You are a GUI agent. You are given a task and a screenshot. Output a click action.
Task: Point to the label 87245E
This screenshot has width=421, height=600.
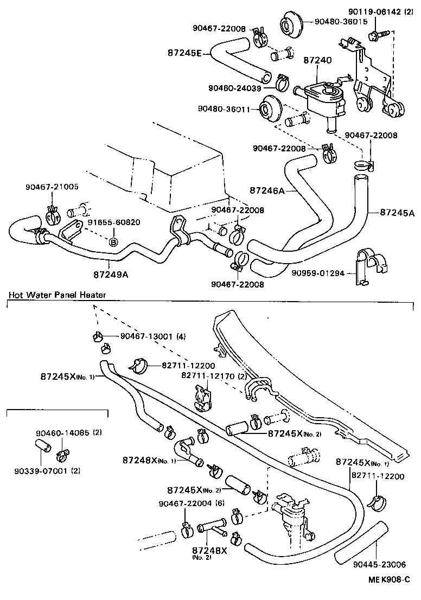(x=184, y=53)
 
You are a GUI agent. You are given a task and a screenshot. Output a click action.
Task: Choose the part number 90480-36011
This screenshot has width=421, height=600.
(x=228, y=109)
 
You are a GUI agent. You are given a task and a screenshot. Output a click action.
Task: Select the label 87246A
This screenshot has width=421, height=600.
(x=266, y=190)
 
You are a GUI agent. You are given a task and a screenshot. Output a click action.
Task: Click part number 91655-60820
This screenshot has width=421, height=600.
(x=114, y=222)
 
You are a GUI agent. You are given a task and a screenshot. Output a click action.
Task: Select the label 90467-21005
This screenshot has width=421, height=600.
(x=52, y=187)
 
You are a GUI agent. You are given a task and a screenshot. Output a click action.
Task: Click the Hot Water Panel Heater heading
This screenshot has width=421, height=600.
(x=57, y=295)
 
